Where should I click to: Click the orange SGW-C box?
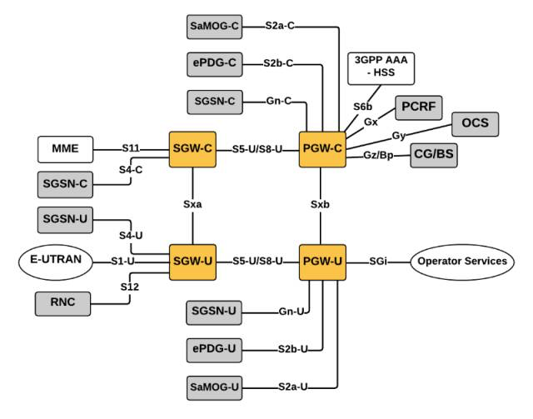tap(192, 149)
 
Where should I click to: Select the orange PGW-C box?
tap(322, 149)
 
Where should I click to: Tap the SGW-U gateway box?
tap(192, 262)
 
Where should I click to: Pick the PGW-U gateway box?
tap(322, 262)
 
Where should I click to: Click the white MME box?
tap(65, 149)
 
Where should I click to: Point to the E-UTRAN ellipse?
tap(56, 262)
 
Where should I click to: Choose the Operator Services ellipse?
tap(462, 262)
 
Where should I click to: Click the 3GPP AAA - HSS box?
tap(381, 68)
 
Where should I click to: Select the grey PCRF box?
tap(418, 107)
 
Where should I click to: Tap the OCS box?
tap(475, 124)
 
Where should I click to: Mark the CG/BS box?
tap(434, 156)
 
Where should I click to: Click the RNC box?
tap(63, 304)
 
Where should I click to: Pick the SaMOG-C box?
tap(215, 27)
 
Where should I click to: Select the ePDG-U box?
tap(214, 350)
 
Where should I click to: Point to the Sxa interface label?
tap(192, 204)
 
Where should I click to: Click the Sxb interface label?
tap(320, 204)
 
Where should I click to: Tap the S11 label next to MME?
tap(131, 148)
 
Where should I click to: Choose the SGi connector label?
tap(378, 262)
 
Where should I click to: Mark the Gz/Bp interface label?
tap(378, 155)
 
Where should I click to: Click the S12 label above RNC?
tap(130, 287)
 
